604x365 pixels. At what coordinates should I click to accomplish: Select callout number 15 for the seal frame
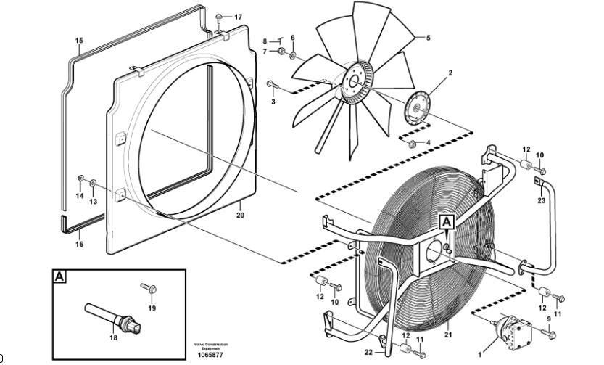click(x=79, y=41)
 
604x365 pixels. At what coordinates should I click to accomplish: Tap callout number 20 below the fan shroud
click(x=241, y=215)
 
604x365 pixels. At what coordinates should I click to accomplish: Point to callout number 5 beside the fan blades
click(x=428, y=38)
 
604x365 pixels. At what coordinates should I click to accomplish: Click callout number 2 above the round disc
click(x=450, y=73)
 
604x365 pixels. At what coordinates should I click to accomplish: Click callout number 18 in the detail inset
click(x=112, y=337)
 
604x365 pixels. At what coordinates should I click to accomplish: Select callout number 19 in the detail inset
click(x=152, y=308)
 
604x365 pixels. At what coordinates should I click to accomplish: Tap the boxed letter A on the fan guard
click(x=447, y=223)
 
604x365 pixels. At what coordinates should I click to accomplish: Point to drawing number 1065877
click(x=210, y=356)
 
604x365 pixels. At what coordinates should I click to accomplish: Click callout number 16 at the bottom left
click(x=80, y=244)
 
